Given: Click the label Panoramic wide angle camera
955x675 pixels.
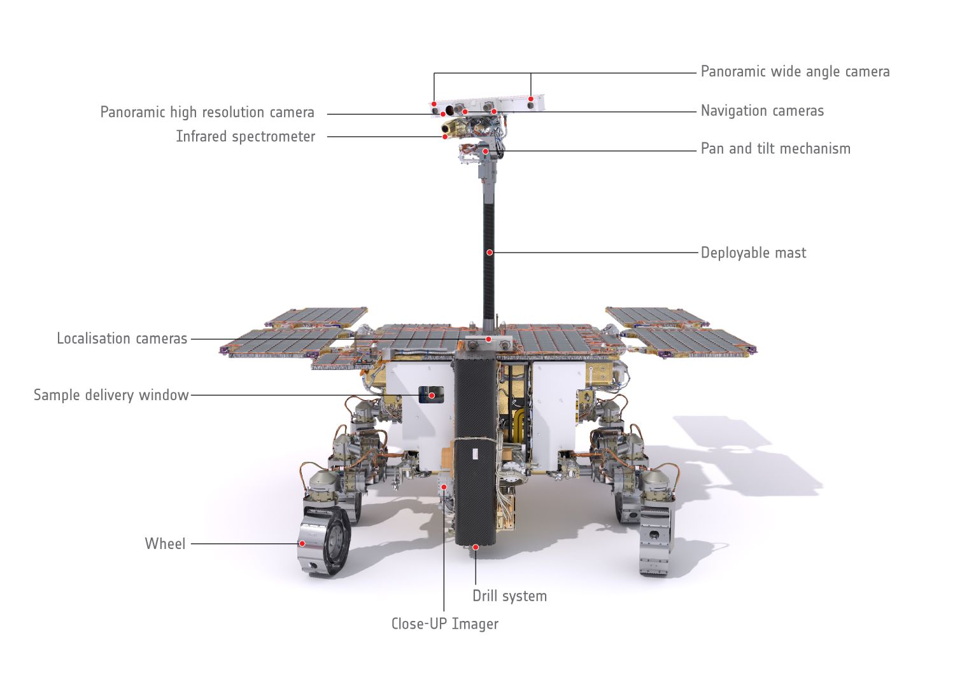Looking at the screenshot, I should [795, 71].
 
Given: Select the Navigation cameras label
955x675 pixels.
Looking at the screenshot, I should [762, 111].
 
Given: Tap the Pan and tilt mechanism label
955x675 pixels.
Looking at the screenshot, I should [775, 149].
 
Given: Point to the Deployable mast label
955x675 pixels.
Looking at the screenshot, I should [753, 253].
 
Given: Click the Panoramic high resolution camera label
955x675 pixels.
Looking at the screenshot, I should [207, 113].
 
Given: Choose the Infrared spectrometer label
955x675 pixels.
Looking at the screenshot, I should [245, 137].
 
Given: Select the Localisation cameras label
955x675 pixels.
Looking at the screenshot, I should [122, 338].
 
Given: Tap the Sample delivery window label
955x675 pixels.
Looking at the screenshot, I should [111, 395].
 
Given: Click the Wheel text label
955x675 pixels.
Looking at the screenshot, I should [165, 544].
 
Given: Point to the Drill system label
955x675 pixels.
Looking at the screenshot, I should [509, 596].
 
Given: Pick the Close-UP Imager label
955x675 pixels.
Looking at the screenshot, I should [444, 624].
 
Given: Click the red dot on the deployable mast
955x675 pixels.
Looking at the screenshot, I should [490, 253].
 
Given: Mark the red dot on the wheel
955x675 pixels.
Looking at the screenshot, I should [302, 543].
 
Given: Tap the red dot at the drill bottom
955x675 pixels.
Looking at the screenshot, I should [476, 546].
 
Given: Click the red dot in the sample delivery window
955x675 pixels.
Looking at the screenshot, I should [432, 395].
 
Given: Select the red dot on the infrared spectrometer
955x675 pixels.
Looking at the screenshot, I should [445, 136].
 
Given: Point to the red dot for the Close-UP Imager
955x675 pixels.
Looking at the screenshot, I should [444, 487].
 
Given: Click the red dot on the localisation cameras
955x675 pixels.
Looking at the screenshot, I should [488, 339].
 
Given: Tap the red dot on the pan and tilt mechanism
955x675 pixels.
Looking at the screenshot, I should [485, 151].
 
